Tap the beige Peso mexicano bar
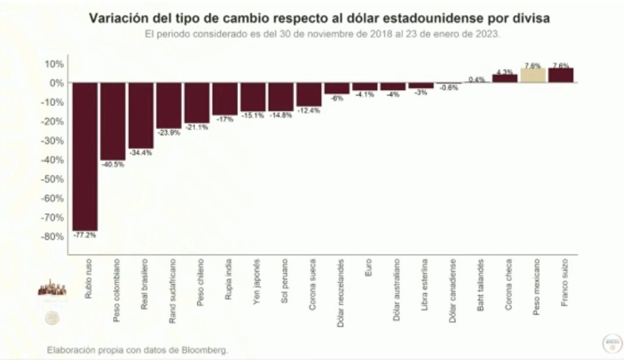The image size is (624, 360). (533, 75)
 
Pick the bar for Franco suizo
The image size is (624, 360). (561, 75)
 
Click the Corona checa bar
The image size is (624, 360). (505, 78)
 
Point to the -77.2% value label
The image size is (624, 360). (85, 235)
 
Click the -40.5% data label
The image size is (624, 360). (113, 164)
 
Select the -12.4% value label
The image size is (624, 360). (308, 110)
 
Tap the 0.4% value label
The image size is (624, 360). (477, 80)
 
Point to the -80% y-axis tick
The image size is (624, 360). (53, 237)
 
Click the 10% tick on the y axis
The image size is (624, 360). (55, 64)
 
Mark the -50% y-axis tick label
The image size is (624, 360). (53, 179)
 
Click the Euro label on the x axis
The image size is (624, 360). (368, 268)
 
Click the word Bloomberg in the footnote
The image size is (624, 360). (205, 350)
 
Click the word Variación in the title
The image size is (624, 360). (114, 19)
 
